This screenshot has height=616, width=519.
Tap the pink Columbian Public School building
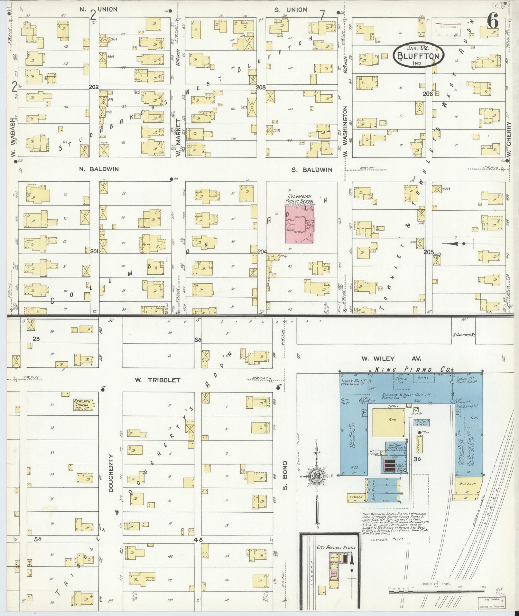pos(300,224)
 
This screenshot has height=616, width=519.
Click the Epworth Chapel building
pos(83,405)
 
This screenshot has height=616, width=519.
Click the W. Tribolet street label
pos(157,380)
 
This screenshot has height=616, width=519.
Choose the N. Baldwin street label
pos(99,169)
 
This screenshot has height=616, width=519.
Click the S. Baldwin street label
pos(311,170)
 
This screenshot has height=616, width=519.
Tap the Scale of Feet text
pos(436,583)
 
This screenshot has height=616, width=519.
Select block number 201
pos(94,251)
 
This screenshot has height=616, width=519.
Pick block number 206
pos(428,94)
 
